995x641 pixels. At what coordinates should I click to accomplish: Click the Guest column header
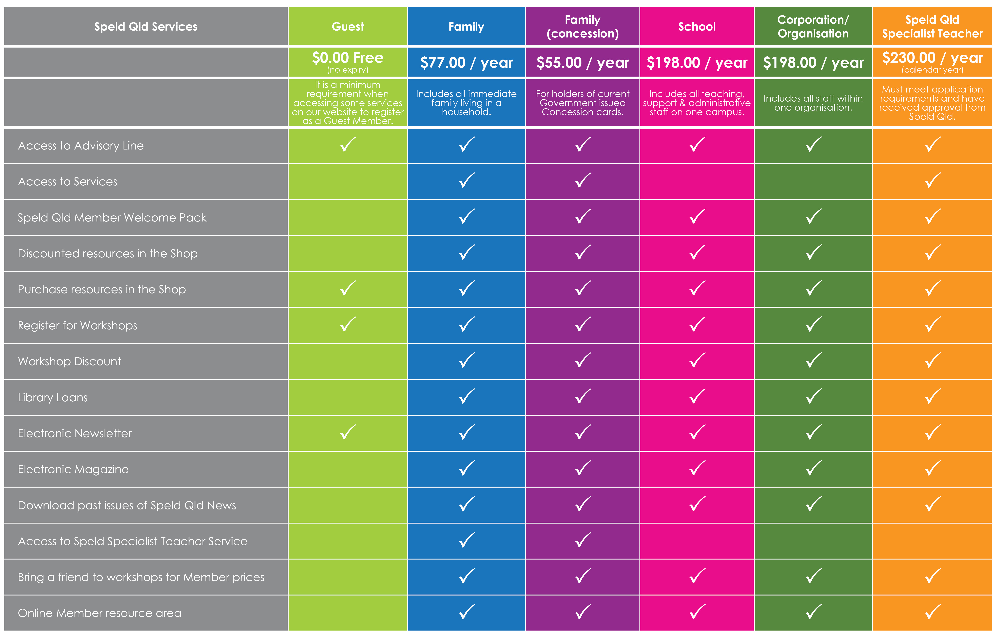(x=348, y=27)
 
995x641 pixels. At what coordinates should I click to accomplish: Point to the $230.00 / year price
(x=932, y=58)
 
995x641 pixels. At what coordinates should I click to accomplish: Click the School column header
(x=697, y=27)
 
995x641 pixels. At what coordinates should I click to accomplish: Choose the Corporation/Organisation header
(x=813, y=27)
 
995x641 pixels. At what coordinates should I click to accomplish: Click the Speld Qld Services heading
(x=146, y=27)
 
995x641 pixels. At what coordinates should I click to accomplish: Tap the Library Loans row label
(x=53, y=397)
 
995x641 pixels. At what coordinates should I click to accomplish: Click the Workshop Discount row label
(x=69, y=361)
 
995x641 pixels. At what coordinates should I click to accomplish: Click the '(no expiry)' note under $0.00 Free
(x=348, y=70)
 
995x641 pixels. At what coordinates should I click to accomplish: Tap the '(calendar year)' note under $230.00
(x=932, y=70)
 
